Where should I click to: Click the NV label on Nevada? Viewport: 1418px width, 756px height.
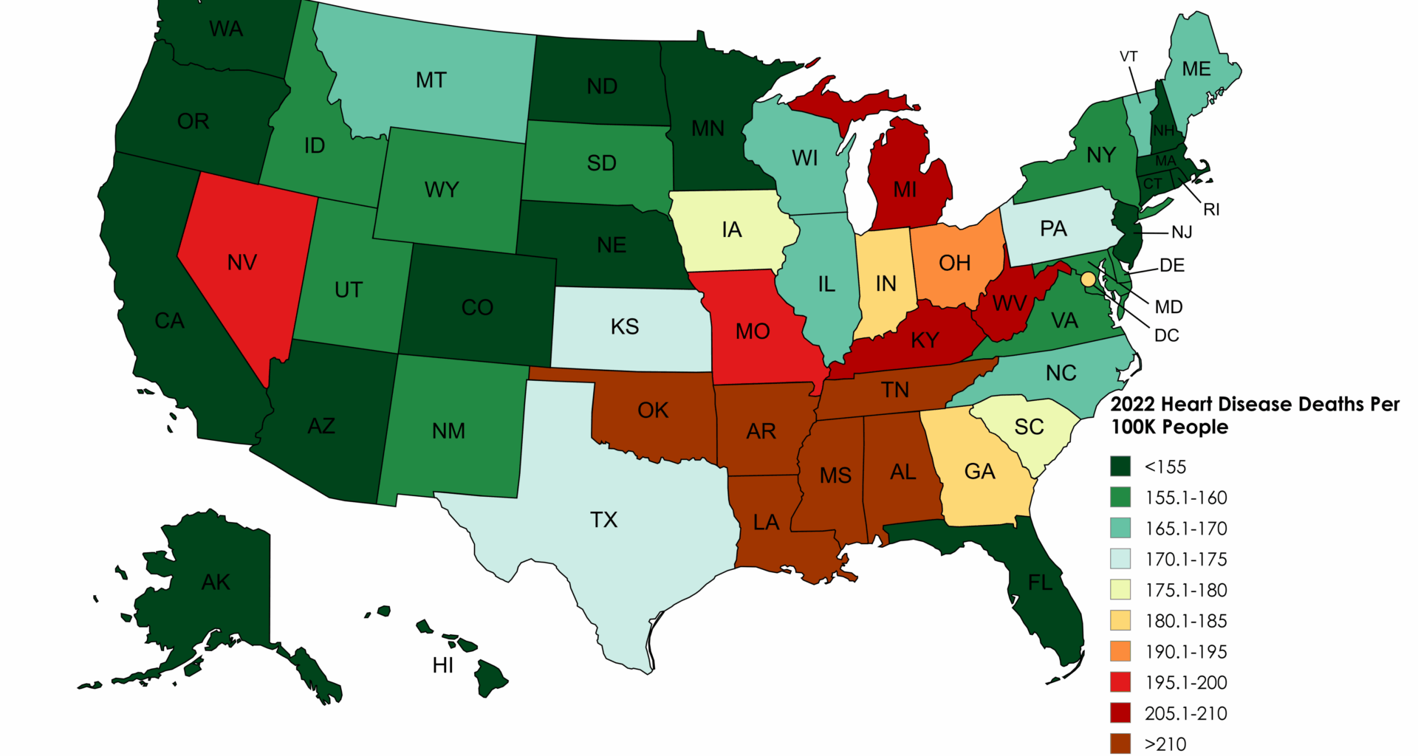[x=242, y=262]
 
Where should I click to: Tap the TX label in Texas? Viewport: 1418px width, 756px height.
[x=603, y=520]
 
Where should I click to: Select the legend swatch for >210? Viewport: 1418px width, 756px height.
[x=1120, y=743]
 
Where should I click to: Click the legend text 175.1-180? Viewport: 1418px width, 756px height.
[x=1185, y=590]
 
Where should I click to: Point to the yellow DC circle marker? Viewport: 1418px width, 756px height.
[x=1088, y=280]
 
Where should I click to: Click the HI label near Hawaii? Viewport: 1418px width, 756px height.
[x=443, y=665]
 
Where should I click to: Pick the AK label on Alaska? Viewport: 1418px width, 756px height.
[x=216, y=582]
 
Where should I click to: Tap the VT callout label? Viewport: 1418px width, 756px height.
[x=1128, y=57]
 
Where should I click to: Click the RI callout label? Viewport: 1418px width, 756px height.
[x=1211, y=210]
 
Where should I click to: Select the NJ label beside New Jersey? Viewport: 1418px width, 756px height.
[x=1182, y=232]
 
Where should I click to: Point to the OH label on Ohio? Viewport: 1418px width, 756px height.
[x=954, y=263]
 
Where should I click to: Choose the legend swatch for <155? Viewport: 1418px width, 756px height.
[x=1120, y=467]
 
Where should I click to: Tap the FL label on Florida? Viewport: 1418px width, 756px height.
[x=1040, y=583]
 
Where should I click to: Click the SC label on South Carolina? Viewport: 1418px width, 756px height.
[x=1029, y=427]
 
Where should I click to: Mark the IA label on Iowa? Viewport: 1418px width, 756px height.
[x=731, y=230]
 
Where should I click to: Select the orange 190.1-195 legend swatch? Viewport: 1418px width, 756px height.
[x=1120, y=651]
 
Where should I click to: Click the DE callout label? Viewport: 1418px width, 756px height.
[x=1172, y=265]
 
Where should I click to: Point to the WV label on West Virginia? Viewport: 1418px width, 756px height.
[x=1009, y=303]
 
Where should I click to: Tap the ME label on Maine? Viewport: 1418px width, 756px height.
[x=1196, y=69]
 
